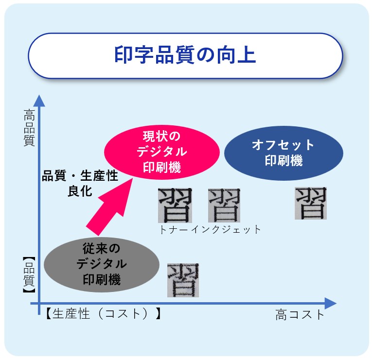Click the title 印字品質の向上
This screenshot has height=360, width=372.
[x=185, y=55]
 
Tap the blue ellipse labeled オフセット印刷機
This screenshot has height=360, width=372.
[x=283, y=153]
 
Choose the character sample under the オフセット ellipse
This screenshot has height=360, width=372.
[x=311, y=203]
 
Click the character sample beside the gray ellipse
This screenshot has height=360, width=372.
[x=183, y=280]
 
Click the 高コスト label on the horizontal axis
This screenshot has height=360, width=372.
[x=300, y=315]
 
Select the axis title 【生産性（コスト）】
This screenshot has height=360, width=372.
[x=103, y=313]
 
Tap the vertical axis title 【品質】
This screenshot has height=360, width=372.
[x=29, y=275]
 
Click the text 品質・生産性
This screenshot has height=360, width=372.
[x=80, y=176]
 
